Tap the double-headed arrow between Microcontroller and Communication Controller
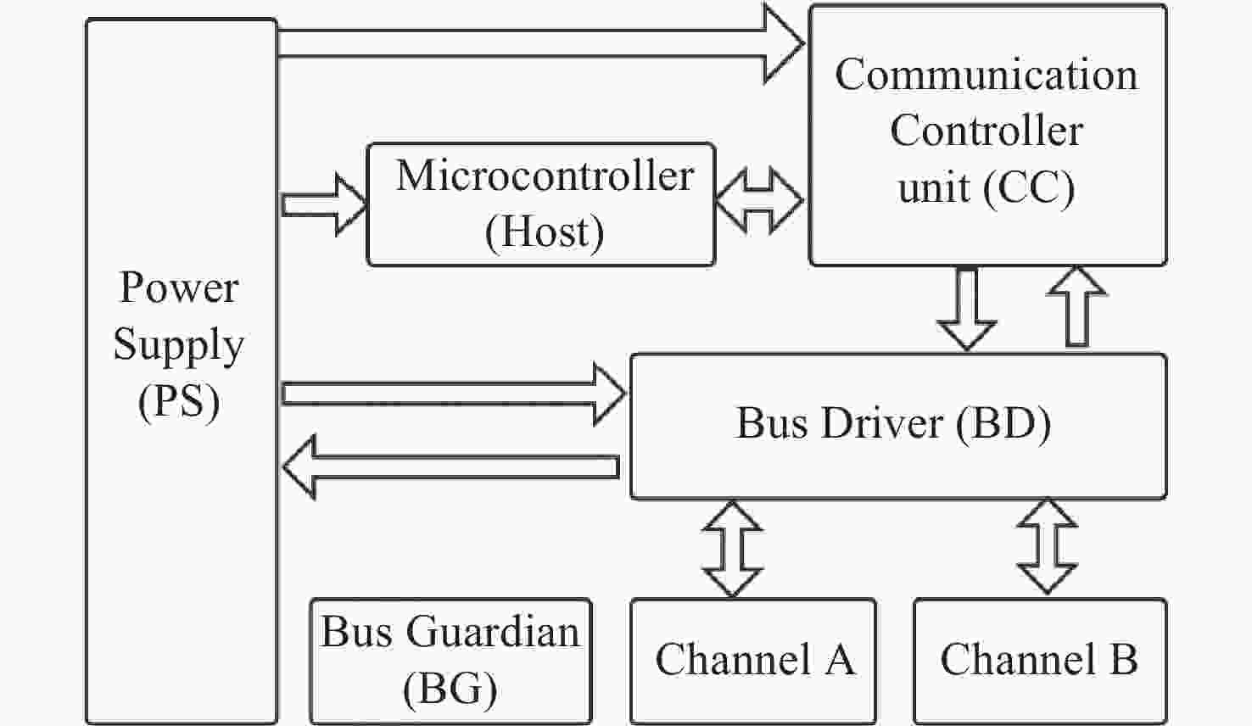pos(759,201)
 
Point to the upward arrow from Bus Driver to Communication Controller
pos(1076,306)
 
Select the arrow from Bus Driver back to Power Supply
pos(450,466)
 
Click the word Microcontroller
pos(545,176)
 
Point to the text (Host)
pos(545,231)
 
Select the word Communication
pos(986,75)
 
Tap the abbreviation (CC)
pos(1029,187)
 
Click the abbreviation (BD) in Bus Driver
pos(1003,423)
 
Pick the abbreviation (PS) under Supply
pos(179,401)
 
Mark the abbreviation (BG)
pos(450,688)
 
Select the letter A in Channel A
pos(839,660)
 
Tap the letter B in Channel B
pos(1124,660)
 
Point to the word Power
pos(179,288)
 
